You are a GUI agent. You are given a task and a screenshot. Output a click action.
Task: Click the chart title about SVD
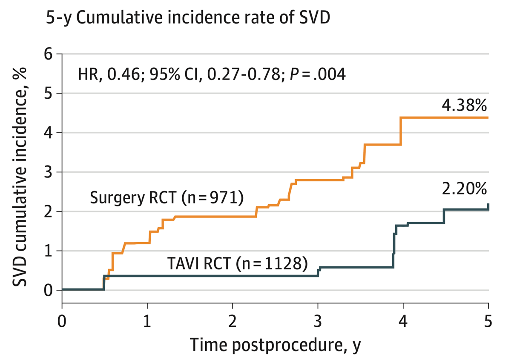[188, 18]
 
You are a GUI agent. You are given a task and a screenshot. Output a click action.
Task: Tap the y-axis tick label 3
[48, 172]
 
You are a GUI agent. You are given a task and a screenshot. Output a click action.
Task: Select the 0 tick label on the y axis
[48, 291]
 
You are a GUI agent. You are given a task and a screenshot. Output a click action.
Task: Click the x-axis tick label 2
[233, 321]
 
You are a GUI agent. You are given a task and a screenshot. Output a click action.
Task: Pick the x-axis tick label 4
[403, 321]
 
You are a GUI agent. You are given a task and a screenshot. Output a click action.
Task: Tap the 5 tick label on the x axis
[488, 321]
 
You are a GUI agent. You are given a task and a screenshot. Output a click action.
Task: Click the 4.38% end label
[464, 106]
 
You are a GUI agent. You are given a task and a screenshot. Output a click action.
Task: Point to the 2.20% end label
[464, 189]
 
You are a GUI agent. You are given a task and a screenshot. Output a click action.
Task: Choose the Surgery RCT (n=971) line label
[167, 198]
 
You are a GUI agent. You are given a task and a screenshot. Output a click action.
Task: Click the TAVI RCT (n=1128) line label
[238, 263]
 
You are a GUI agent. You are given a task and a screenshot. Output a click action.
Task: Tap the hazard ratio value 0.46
[123, 74]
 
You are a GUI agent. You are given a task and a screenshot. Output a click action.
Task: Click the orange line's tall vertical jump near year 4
[400, 131]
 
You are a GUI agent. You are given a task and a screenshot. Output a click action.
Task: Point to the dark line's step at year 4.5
[444, 216]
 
